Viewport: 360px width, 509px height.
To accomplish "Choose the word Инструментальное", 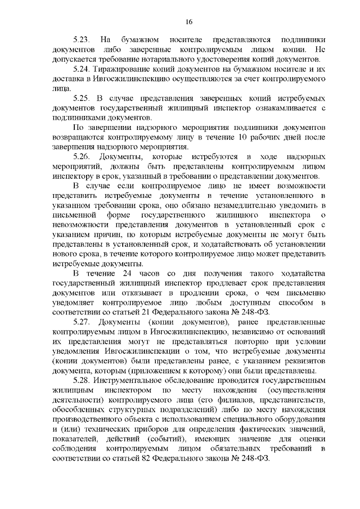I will tap(129, 380).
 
